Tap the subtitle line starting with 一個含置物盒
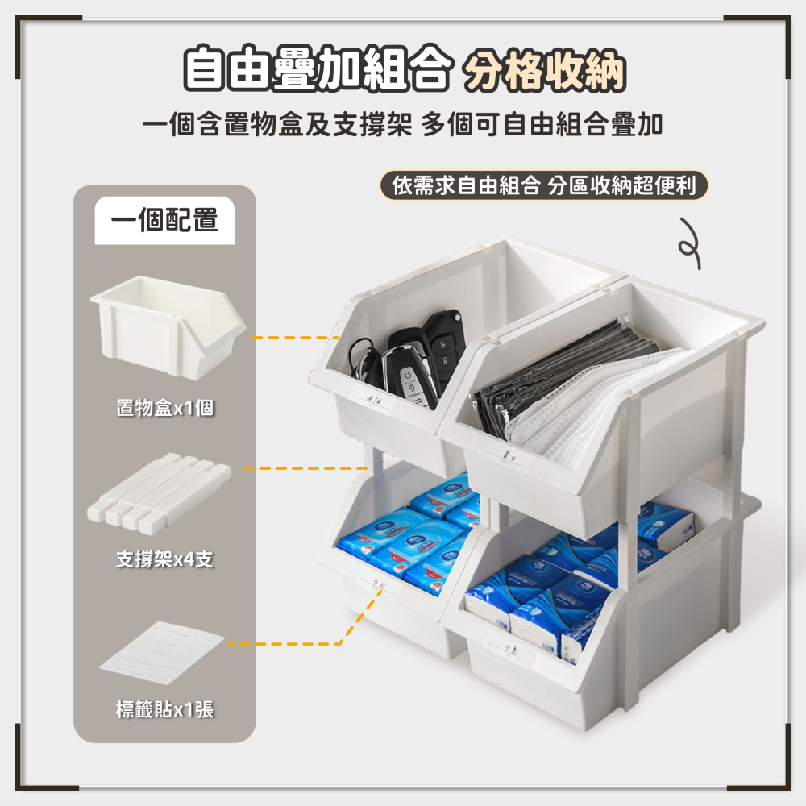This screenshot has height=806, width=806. pos(403,125)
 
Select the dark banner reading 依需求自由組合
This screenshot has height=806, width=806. pos(544,185)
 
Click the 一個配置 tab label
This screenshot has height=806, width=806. pos(164,220)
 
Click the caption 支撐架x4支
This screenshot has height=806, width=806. pos(164,559)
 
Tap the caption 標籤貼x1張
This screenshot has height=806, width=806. pos(164,710)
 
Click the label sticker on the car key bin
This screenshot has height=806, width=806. pos(372,399)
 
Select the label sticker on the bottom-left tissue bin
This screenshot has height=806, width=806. pos(377,580)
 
